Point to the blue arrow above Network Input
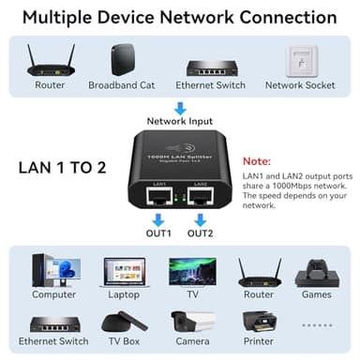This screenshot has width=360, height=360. point(180,108)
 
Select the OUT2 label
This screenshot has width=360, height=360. point(201,232)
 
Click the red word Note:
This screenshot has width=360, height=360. point(257,161)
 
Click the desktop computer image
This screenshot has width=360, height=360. point(54,271)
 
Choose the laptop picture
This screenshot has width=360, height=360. point(123,272)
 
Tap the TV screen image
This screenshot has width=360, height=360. point(191,271)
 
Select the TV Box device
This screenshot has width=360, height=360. point(124,322)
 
